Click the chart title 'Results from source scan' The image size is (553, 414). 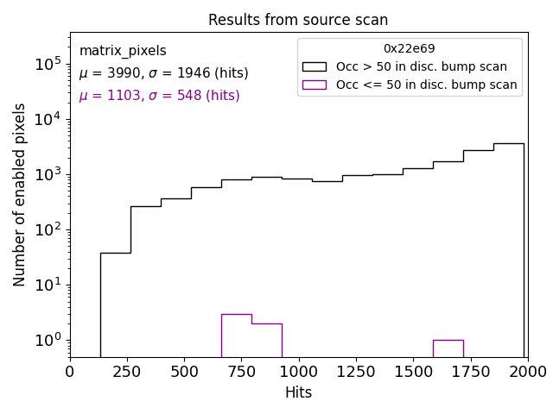(x=298, y=20)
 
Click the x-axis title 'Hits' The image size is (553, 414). (x=298, y=392)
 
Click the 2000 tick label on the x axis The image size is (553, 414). (x=527, y=372)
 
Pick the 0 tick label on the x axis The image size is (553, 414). (x=70, y=372)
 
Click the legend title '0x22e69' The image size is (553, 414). (x=409, y=49)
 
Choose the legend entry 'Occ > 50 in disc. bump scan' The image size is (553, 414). (x=421, y=66)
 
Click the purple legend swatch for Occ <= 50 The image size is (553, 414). (x=314, y=85)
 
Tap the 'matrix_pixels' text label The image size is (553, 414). (x=123, y=51)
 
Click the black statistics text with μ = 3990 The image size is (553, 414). (x=163, y=73)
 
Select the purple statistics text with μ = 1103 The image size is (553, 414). (x=159, y=96)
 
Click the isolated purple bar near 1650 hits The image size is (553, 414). (x=448, y=348)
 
